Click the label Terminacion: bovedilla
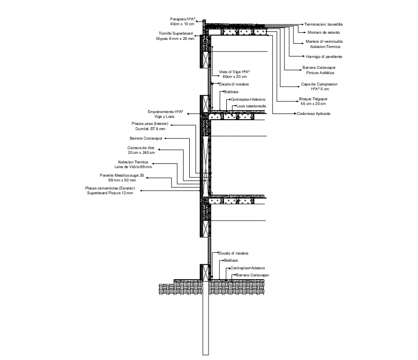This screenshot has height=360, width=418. (323, 24)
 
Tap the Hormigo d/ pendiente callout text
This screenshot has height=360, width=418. (324, 57)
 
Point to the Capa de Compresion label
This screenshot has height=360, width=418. (319, 87)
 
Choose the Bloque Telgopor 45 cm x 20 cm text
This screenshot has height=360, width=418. (313, 101)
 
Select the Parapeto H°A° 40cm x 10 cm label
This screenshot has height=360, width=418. (182, 21)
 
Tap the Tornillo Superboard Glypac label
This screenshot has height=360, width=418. (177, 36)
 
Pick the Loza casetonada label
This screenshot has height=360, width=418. (250, 106)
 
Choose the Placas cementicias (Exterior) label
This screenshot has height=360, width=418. (110, 190)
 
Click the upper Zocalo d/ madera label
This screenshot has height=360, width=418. (234, 84)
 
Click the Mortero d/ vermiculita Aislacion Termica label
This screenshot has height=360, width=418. (324, 44)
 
